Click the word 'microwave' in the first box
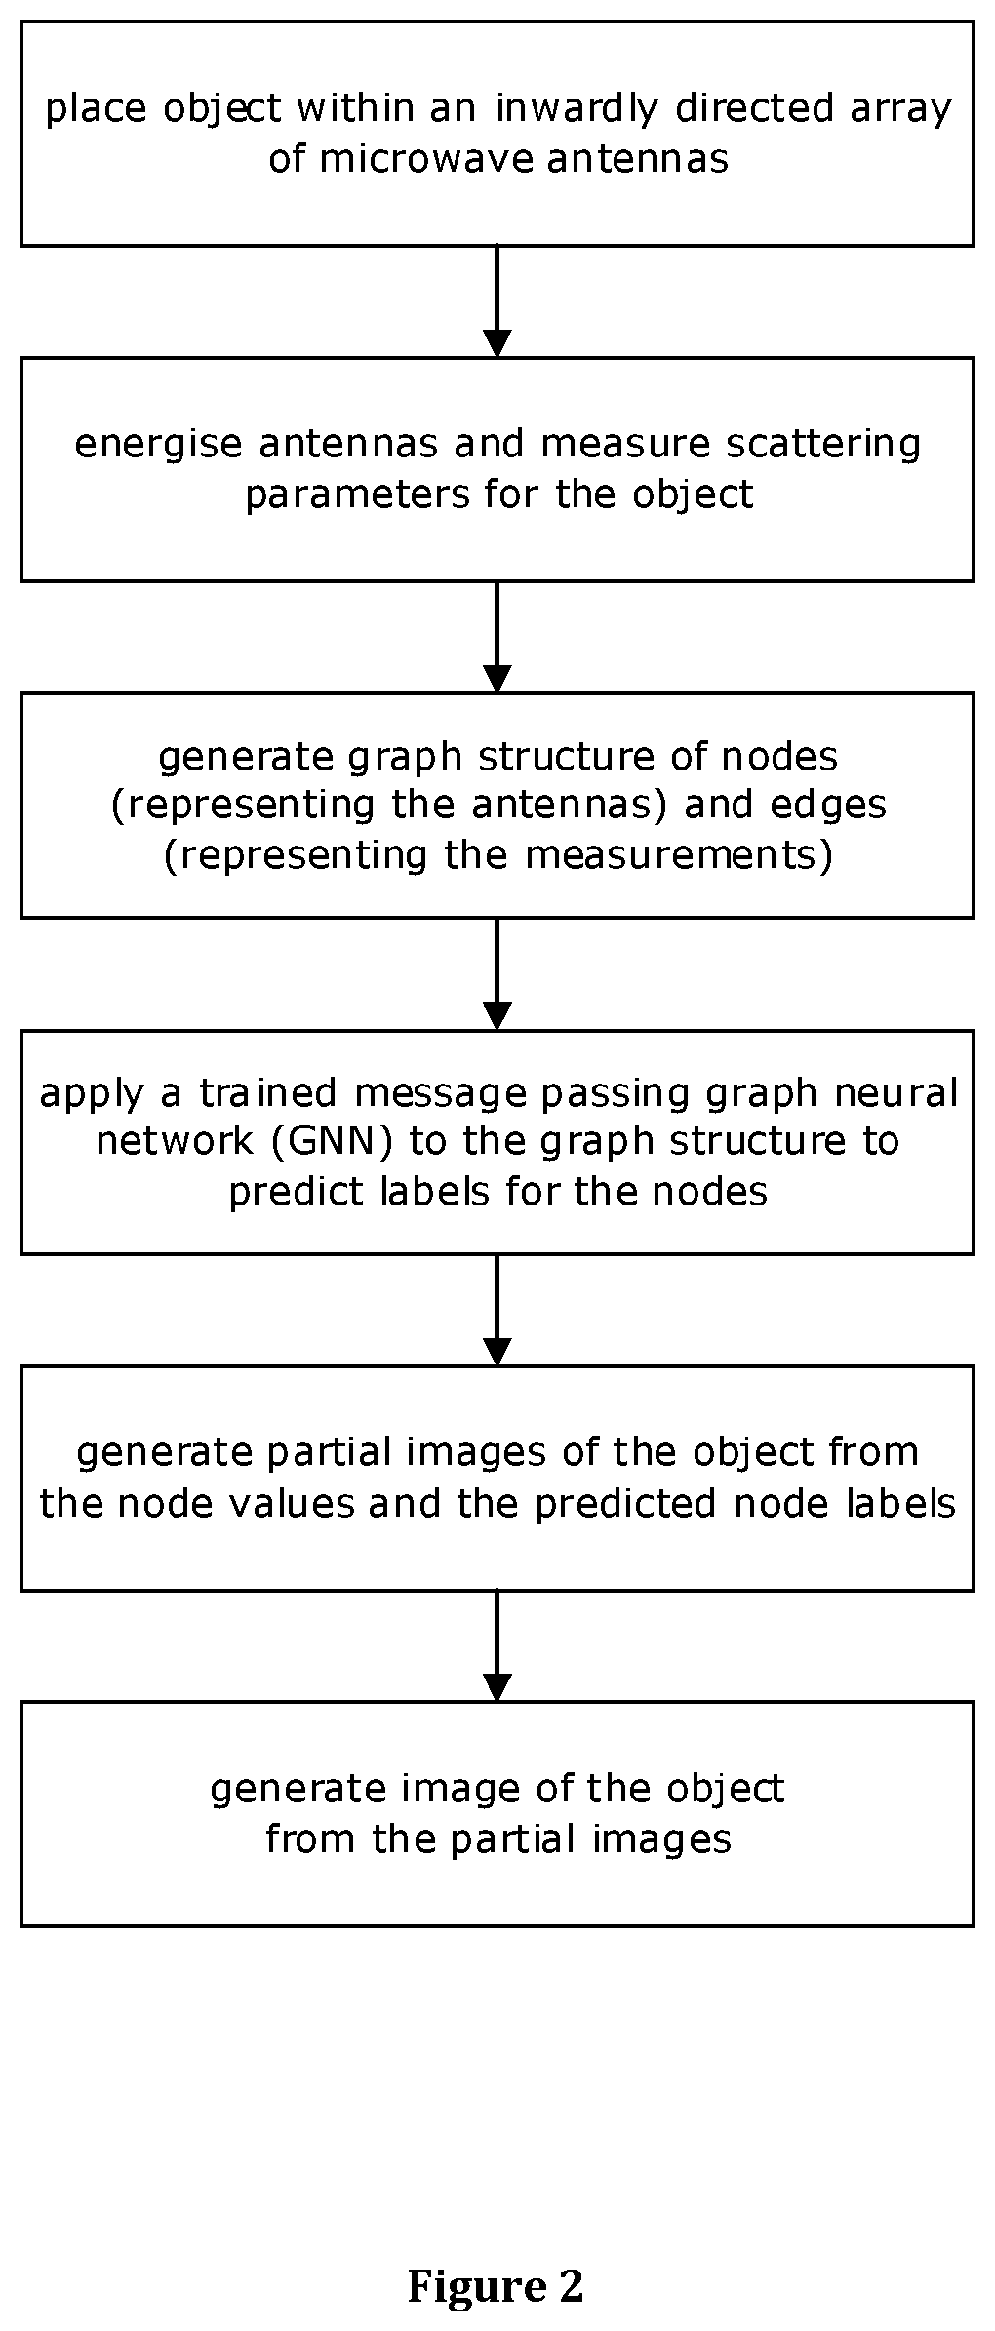click(x=425, y=158)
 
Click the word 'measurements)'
click(x=679, y=855)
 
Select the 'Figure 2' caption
click(x=496, y=2287)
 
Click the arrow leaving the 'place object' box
click(x=497, y=301)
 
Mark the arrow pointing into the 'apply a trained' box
click(x=497, y=974)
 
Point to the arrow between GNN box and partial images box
click(x=497, y=1310)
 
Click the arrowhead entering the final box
click(x=497, y=1689)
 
